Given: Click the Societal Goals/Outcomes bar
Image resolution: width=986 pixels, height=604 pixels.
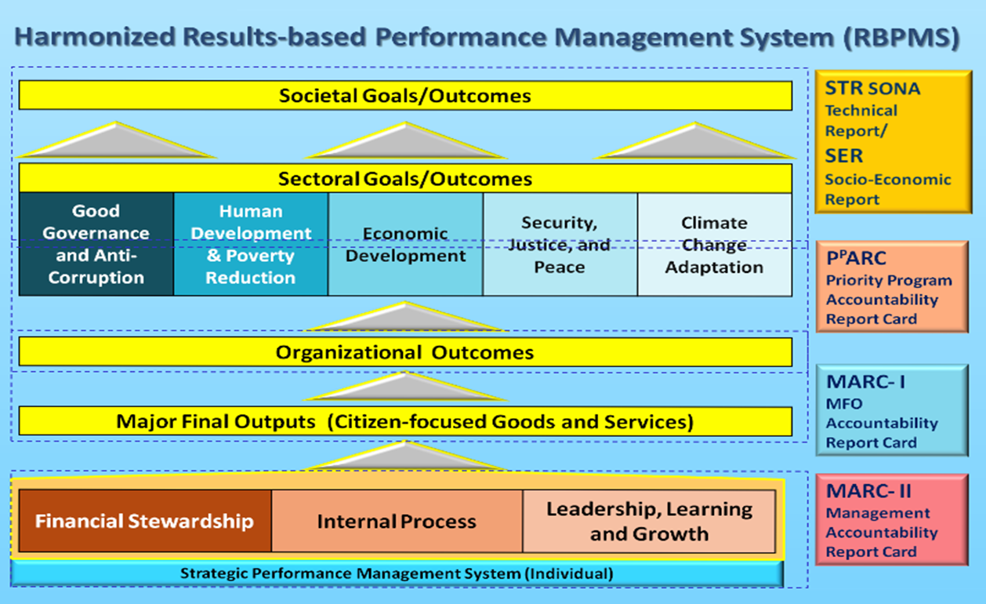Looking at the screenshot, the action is point(405,95).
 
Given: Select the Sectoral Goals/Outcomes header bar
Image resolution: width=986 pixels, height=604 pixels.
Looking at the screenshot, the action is point(405,178).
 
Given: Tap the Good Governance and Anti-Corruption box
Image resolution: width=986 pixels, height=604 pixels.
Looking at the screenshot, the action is point(96,244).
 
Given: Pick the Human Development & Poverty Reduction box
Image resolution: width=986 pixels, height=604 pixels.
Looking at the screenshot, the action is point(251,244).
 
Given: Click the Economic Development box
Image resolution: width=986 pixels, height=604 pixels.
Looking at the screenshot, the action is point(405,244).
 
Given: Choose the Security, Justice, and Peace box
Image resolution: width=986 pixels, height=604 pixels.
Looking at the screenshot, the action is point(560,244).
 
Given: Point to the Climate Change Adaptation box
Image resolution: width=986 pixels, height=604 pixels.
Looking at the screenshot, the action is point(715,244).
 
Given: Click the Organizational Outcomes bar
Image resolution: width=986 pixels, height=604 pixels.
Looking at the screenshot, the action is point(405,352).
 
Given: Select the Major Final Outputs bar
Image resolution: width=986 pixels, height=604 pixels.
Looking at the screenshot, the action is point(405,421).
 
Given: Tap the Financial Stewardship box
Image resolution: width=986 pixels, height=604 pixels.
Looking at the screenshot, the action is point(145,521).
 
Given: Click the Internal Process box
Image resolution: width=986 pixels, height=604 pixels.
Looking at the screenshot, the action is point(397,521).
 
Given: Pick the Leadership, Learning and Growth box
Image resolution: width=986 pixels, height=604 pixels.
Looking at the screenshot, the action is point(649,521).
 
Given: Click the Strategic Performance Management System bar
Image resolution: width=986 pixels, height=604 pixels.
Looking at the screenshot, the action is point(397,573).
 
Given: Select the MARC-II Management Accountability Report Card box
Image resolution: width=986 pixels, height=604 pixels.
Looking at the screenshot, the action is point(892,520).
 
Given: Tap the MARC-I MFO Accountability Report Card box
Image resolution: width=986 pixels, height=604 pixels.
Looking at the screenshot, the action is point(892,410).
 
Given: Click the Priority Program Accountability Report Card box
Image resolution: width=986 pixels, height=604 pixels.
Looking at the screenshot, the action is point(892,287).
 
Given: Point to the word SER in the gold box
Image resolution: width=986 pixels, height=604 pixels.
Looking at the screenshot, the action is point(844,156).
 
